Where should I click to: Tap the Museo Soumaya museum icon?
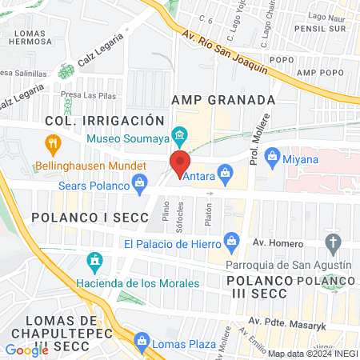tap(180, 134)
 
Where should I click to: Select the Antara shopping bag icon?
tap(226, 173)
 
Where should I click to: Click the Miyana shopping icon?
tap(271, 154)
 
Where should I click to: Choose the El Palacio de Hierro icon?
tap(232, 239)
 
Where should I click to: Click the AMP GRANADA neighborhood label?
tap(223, 100)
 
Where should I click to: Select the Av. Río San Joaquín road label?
tap(224, 53)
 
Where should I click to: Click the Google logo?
tap(26, 350)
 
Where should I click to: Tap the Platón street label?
tap(208, 214)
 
